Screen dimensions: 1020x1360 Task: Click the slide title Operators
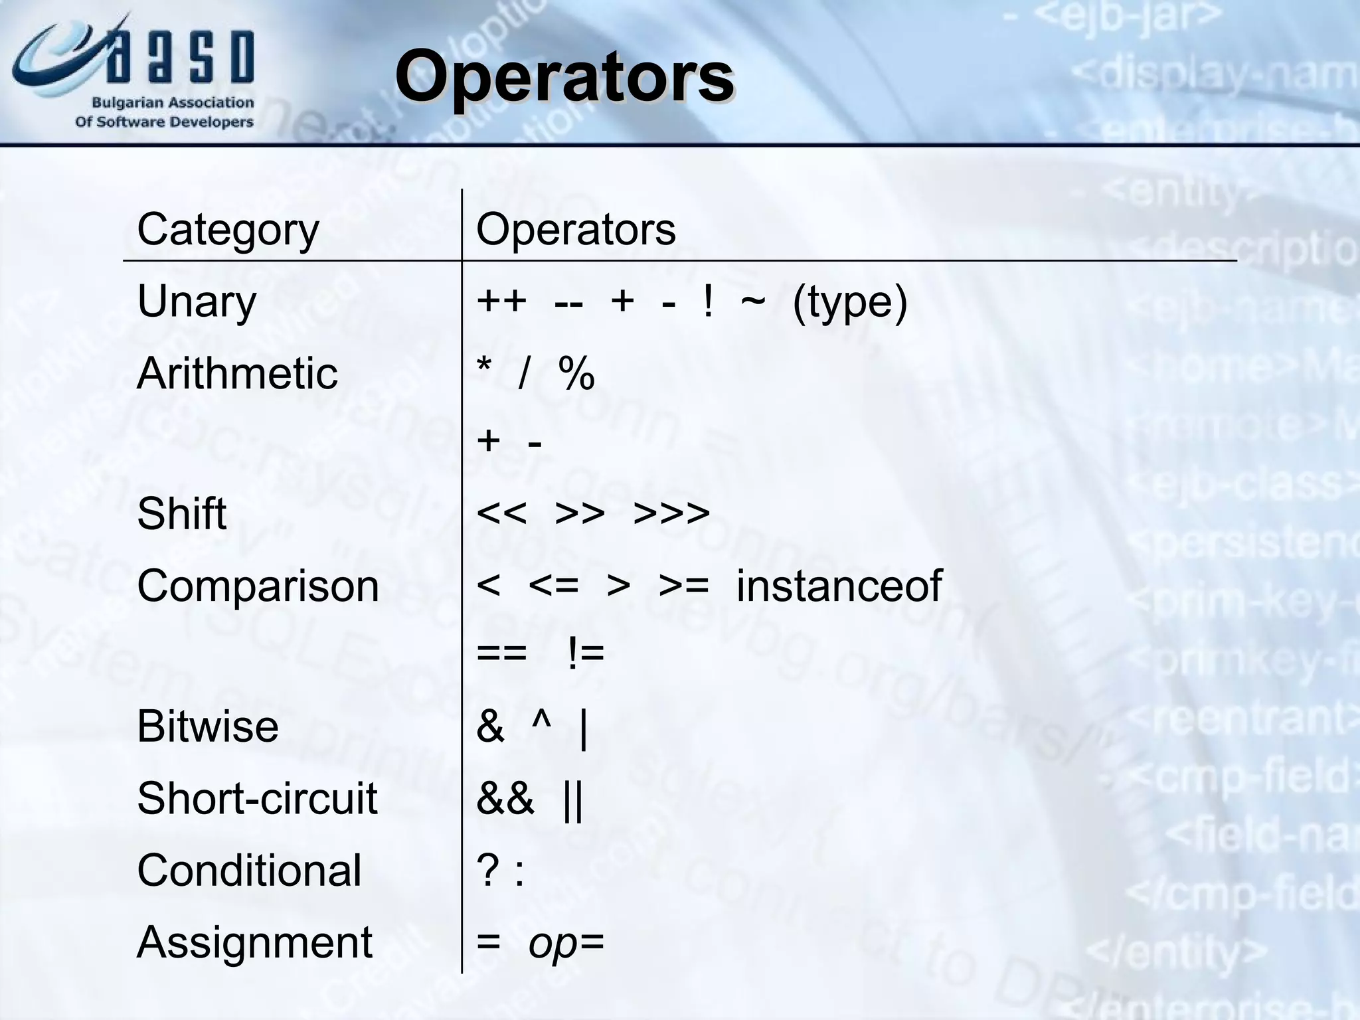click(564, 76)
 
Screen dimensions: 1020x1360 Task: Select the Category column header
click(228, 230)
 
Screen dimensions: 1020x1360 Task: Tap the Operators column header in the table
click(576, 230)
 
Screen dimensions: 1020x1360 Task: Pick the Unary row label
click(197, 301)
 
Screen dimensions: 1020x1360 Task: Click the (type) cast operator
click(849, 303)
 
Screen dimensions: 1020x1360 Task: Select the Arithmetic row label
click(237, 373)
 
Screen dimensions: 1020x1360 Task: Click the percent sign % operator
click(576, 373)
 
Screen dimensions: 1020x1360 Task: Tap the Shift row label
click(181, 513)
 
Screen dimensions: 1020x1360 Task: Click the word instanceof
click(839, 586)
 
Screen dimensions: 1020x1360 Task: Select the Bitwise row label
click(207, 726)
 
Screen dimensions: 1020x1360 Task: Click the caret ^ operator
click(541, 722)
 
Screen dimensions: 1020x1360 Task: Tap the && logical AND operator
click(505, 798)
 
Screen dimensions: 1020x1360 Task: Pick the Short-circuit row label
click(257, 798)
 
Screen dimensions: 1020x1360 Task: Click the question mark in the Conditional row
click(488, 871)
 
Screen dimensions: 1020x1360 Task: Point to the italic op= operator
click(566, 943)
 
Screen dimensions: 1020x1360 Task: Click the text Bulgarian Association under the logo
click(173, 103)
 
